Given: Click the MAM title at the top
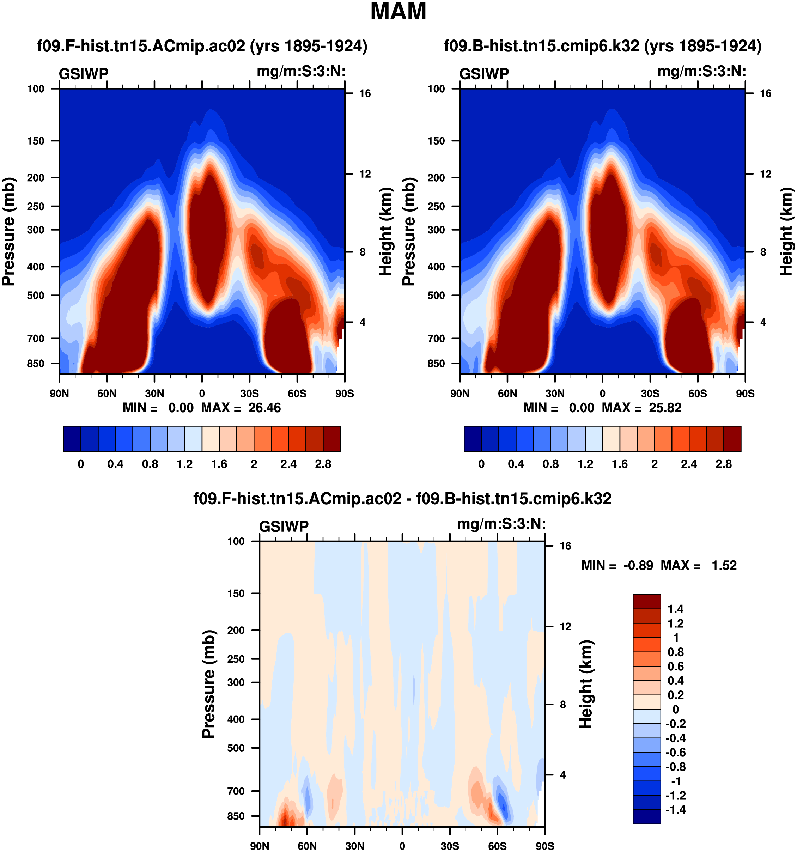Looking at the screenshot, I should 398,12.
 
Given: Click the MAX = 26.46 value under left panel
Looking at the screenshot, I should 241,408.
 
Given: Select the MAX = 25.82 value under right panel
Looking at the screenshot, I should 642,408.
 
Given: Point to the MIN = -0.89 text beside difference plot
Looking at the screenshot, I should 617,566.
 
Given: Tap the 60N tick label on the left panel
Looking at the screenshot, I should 107,394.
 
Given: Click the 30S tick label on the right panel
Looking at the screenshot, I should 650,394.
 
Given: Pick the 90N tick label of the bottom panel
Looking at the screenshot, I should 260,846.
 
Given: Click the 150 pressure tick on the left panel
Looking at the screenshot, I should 36,141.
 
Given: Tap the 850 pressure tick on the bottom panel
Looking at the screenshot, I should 236,816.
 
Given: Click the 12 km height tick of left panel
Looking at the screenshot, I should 365,174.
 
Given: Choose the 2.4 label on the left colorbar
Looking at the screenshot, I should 288,464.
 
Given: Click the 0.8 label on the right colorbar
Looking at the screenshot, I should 550,464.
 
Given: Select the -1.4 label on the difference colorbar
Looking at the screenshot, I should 675,810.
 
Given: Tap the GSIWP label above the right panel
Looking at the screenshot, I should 484,74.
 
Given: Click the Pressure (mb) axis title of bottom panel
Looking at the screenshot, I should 208,684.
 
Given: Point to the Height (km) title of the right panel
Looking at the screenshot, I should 785,231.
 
